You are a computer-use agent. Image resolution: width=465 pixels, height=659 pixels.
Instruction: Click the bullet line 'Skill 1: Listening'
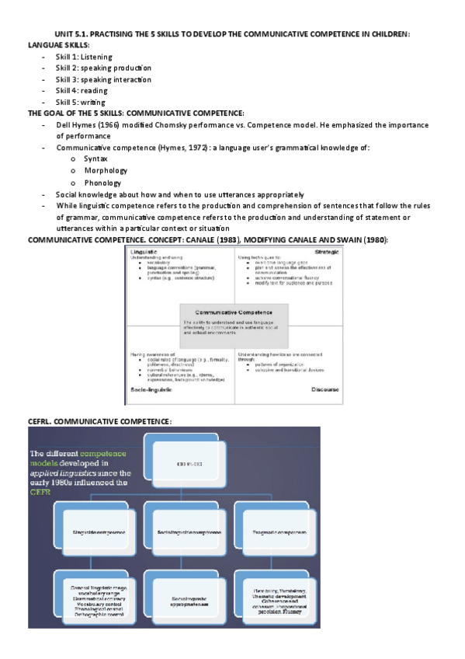(x=84, y=57)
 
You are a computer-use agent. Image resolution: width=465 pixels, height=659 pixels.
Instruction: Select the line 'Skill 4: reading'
(x=82, y=91)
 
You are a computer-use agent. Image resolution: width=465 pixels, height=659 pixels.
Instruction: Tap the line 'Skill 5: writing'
(x=81, y=102)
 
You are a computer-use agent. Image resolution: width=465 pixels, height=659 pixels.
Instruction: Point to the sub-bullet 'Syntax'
(x=95, y=159)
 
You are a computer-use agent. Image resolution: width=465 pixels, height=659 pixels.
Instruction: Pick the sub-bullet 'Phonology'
(x=102, y=182)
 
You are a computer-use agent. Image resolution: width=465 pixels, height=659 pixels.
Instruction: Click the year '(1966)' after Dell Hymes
(x=109, y=124)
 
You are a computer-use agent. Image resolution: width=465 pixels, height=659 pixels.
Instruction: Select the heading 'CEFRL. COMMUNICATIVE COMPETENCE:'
(x=99, y=420)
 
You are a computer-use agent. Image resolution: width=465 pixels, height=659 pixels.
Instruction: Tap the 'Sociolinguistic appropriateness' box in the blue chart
(x=188, y=601)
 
